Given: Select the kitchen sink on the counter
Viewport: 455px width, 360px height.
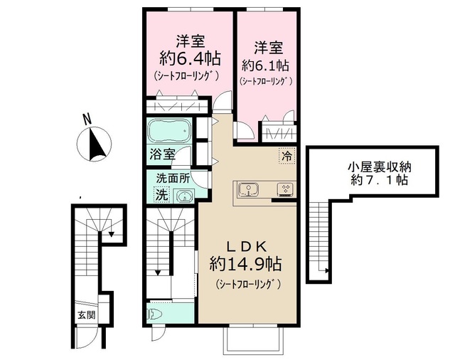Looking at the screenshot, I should click(x=248, y=189).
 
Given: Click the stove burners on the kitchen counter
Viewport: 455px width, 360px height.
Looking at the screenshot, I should click(x=285, y=190).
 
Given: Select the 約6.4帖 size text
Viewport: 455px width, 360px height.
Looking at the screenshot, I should click(x=188, y=56).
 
